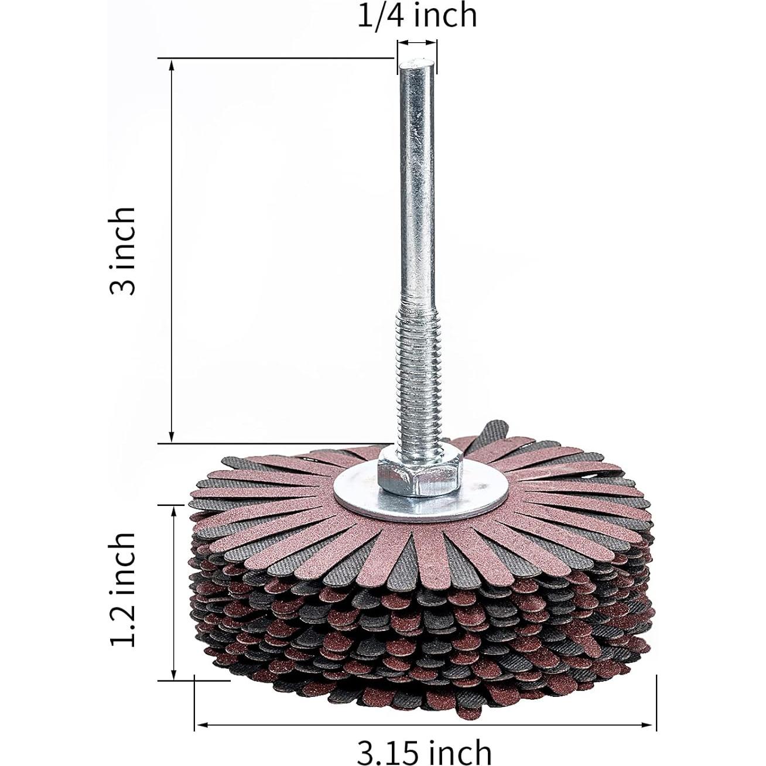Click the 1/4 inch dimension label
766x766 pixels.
coord(417,15)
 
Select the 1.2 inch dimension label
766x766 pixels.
coord(124,589)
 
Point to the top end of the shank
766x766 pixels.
coord(416,66)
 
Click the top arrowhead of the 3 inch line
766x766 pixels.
coord(172,65)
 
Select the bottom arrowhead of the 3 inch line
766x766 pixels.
coord(172,437)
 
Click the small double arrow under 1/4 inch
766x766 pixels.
coord(417,43)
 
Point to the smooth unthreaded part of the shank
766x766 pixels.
coord(416,187)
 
